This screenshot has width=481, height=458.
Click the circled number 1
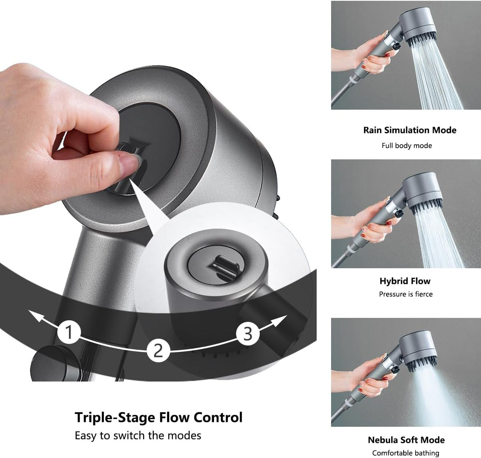coord(69,332)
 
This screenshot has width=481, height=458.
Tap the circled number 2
coord(158,350)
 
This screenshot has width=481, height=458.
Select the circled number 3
coord(248,333)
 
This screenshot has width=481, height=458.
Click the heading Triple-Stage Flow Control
coord(159,417)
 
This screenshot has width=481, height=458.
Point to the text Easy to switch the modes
coord(138,435)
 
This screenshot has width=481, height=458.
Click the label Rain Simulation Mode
coord(410,130)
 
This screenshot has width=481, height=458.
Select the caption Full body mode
coord(406,145)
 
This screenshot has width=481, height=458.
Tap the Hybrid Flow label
coord(405,281)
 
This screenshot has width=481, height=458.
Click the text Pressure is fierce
coord(406,294)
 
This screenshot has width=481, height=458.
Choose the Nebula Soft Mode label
coord(406,440)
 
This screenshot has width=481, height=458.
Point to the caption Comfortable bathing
coord(406,453)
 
